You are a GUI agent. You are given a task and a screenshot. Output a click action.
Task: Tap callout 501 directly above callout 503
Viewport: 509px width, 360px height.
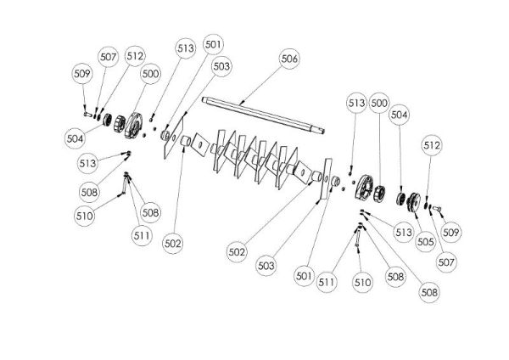[x=213, y=44]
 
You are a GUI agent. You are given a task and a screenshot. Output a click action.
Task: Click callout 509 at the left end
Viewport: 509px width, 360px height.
[x=81, y=73]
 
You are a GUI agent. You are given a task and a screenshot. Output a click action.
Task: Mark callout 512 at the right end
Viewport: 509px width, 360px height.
[x=433, y=146]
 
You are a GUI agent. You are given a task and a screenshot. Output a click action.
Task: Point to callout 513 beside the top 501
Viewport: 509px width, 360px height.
[x=186, y=49]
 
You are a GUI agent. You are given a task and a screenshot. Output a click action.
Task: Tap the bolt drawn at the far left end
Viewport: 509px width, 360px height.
[x=87, y=110]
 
